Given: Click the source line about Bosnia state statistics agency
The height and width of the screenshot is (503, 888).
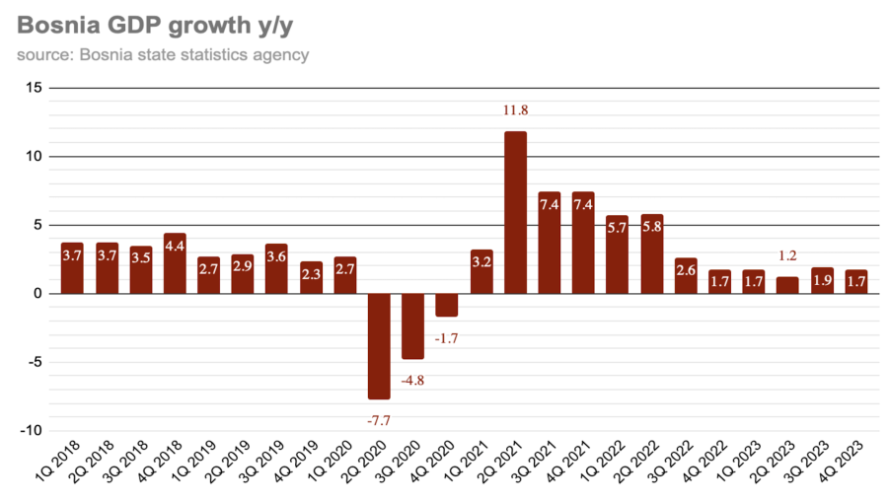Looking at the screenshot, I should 163,54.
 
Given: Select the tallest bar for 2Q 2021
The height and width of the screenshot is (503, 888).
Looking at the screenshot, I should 515,212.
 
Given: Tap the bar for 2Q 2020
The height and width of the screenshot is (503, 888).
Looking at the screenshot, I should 379,345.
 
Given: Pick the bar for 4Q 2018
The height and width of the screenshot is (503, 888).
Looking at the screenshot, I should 175,263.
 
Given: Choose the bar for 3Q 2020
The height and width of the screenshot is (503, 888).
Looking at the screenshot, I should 412,325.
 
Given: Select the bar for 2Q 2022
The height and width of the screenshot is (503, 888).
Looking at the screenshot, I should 651,253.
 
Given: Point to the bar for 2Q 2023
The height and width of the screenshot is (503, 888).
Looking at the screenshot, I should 787,285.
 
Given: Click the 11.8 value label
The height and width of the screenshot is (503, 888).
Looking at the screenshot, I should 515,110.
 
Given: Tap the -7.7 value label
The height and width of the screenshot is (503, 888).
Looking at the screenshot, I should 379,421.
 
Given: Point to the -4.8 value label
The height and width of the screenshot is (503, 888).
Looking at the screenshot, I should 412,380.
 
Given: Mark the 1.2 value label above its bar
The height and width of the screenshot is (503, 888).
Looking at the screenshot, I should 787,255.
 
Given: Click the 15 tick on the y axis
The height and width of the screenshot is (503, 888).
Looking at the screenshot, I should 33,88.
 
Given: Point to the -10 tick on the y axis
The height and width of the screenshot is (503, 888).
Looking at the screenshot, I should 31,431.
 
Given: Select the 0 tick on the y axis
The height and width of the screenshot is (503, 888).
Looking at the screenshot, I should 37,294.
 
